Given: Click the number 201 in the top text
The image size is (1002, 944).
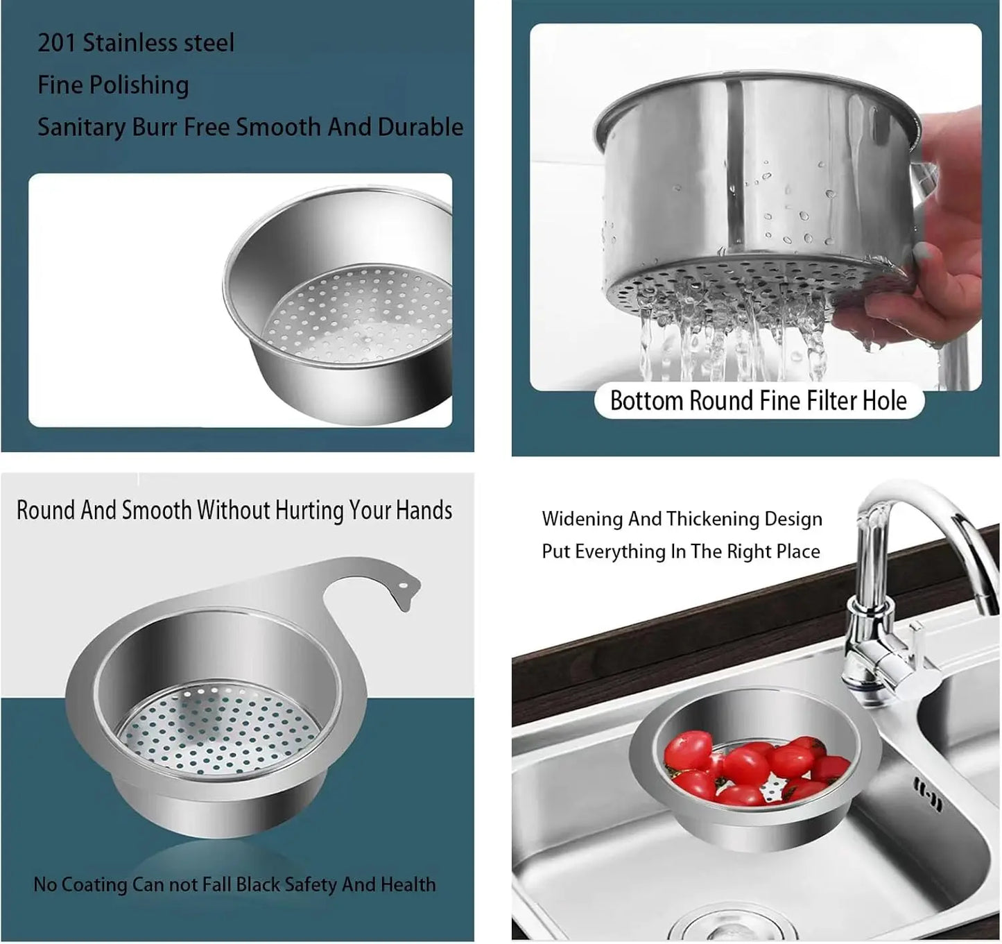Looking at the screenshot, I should point(57,43).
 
